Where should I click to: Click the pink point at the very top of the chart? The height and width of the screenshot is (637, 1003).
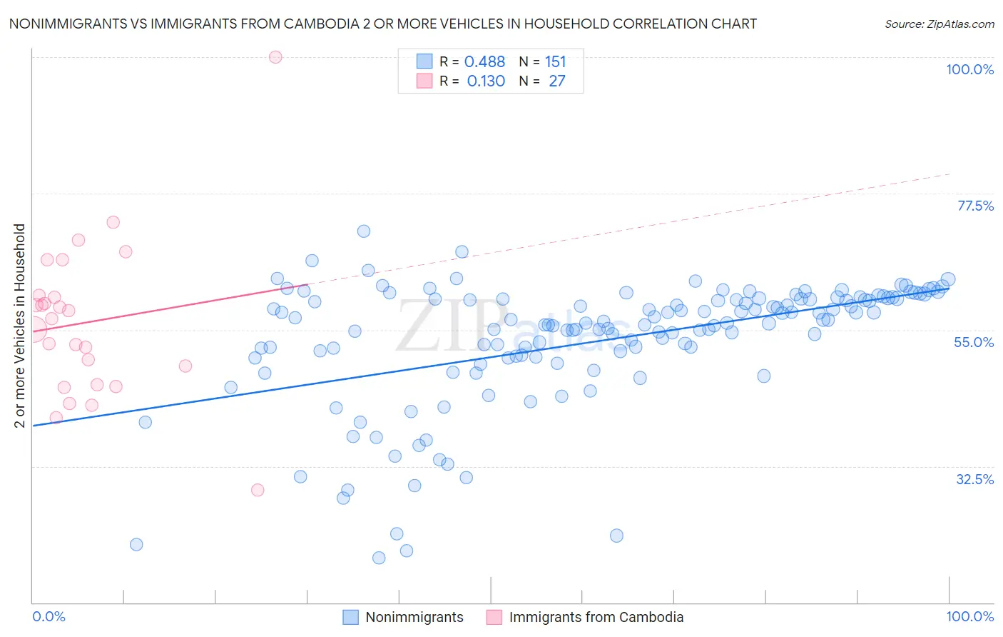pyautogui.click(x=275, y=57)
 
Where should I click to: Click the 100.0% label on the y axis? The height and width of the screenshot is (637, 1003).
pyautogui.click(x=969, y=69)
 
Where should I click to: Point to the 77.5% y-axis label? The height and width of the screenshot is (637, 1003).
pyautogui.click(x=975, y=206)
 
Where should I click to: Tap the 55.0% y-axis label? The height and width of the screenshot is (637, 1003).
pyautogui.click(x=974, y=342)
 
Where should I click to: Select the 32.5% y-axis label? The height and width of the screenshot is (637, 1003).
pyautogui.click(x=974, y=479)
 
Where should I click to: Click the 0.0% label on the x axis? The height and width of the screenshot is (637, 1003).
pyautogui.click(x=49, y=616)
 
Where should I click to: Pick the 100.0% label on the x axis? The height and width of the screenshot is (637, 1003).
pyautogui.click(x=969, y=616)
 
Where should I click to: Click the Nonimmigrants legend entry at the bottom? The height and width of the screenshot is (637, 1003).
pyautogui.click(x=414, y=617)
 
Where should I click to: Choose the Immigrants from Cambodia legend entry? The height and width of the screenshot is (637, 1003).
pyautogui.click(x=596, y=617)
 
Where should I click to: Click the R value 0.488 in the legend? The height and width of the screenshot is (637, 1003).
pyautogui.click(x=484, y=62)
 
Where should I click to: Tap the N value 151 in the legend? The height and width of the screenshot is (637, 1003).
pyautogui.click(x=555, y=62)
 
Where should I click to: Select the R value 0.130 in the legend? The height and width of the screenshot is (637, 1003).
pyautogui.click(x=486, y=81)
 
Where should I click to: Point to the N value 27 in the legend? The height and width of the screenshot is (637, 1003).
pyautogui.click(x=556, y=81)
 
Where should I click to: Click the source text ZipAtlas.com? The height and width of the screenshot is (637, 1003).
pyautogui.click(x=939, y=24)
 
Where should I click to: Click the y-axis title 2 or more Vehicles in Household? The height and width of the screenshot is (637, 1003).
pyautogui.click(x=20, y=326)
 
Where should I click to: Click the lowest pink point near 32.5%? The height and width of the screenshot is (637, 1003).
pyautogui.click(x=258, y=490)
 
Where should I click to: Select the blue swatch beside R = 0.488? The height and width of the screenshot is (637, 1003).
pyautogui.click(x=424, y=61)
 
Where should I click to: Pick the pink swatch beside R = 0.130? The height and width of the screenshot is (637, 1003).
pyautogui.click(x=424, y=81)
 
